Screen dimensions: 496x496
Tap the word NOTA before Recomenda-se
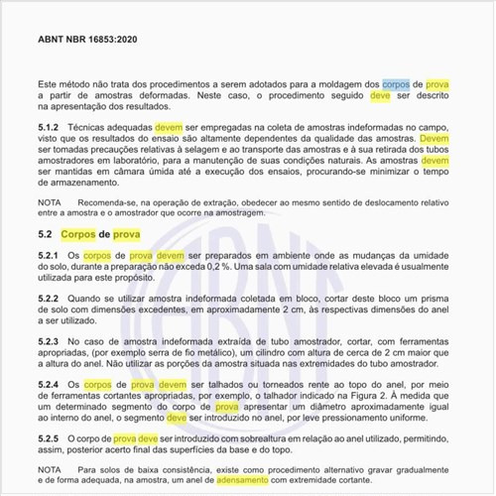(x=49, y=201)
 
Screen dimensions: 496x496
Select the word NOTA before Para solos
(x=49, y=468)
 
